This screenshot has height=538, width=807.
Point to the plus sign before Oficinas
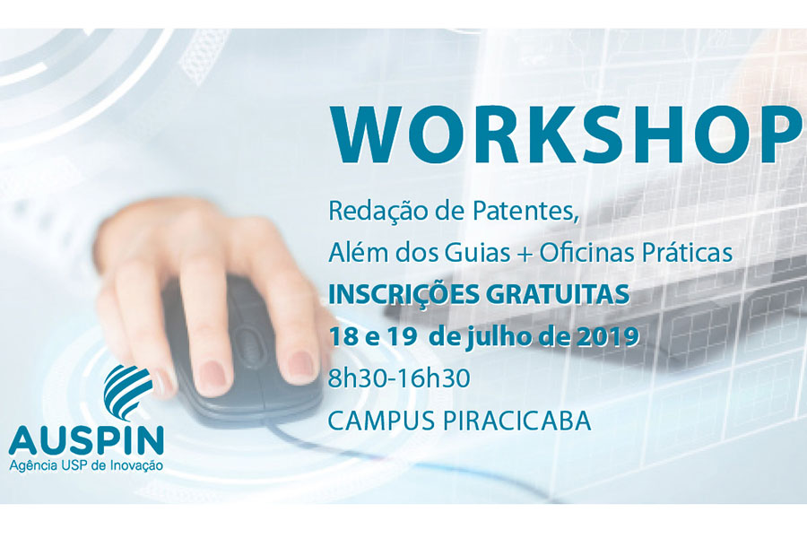coord(525,253)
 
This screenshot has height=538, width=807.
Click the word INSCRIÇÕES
coord(403,294)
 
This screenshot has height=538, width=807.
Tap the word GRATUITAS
coord(558,294)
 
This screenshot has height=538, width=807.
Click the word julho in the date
coord(493,337)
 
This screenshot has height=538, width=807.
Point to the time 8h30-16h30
coord(399,379)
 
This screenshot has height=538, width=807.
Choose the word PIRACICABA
coord(516,421)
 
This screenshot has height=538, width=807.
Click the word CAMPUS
coord(381,421)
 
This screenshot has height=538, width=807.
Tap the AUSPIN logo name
coord(86,440)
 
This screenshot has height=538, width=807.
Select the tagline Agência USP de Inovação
coord(86,465)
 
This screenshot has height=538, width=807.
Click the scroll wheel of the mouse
coord(248,343)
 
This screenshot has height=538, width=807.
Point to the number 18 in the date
coord(342,337)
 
